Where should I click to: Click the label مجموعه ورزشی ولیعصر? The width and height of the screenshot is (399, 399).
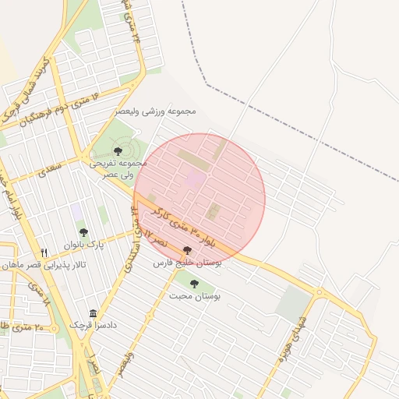pos(155,111)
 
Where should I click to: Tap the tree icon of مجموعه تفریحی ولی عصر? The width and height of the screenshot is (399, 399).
pos(118,151)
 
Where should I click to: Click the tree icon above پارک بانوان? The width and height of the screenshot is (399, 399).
pos(83,232)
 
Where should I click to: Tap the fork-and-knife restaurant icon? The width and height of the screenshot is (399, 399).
pos(44,253)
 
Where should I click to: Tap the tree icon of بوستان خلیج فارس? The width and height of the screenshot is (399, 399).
pos(187,250)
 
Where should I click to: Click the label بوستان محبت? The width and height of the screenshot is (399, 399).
pos(217,296)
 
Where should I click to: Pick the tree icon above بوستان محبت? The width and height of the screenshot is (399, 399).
pos(193,283)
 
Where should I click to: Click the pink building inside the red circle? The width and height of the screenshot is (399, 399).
pos(196,179)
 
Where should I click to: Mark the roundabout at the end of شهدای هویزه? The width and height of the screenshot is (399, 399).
pos(318,292)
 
